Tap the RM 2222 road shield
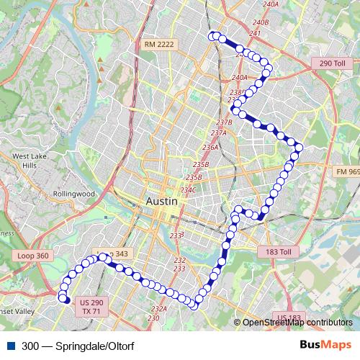(x=159, y=45)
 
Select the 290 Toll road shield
(x=333, y=64)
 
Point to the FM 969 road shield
(x=346, y=171)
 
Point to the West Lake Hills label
(x=29, y=161)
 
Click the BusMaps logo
(x=325, y=345)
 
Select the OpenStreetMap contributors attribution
(x=297, y=323)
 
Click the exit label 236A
(x=210, y=147)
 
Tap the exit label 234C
(x=189, y=190)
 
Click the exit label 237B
(x=224, y=122)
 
